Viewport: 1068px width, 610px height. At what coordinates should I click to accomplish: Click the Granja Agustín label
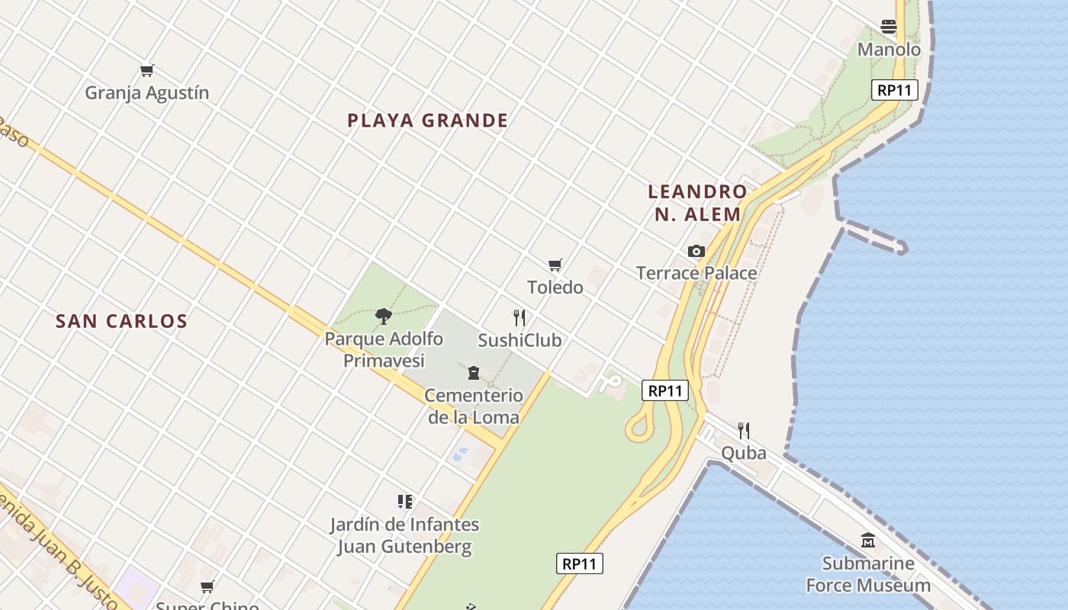pyautogui.click(x=146, y=93)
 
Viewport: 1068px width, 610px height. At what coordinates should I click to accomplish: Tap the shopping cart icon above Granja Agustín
pyautogui.click(x=147, y=71)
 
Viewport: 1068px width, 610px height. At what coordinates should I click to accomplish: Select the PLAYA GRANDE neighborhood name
pyautogui.click(x=427, y=120)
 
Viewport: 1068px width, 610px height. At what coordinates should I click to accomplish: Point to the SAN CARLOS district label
pyautogui.click(x=121, y=321)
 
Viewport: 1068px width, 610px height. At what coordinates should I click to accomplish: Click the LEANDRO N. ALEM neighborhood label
pyautogui.click(x=697, y=203)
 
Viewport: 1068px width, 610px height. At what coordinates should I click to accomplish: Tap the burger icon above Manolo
pyautogui.click(x=889, y=27)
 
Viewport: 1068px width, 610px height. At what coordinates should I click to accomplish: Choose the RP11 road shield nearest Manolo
pyautogui.click(x=894, y=90)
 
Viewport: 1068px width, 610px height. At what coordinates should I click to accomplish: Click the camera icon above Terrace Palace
pyautogui.click(x=696, y=251)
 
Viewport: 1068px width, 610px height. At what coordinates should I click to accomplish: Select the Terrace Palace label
pyautogui.click(x=696, y=273)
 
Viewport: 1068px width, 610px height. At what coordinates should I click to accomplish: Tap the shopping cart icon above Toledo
pyautogui.click(x=555, y=265)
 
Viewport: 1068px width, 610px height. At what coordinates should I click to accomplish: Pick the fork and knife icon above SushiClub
pyautogui.click(x=520, y=318)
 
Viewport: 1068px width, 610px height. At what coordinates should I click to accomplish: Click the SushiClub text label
pyautogui.click(x=520, y=340)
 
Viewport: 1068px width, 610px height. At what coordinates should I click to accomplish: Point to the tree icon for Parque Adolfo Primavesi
pyautogui.click(x=384, y=316)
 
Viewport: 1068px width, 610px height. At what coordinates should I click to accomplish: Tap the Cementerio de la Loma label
pyautogui.click(x=473, y=406)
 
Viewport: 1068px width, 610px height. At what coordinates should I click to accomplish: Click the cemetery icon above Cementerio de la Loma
pyautogui.click(x=474, y=373)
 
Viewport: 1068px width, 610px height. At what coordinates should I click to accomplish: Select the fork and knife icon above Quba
pyautogui.click(x=744, y=431)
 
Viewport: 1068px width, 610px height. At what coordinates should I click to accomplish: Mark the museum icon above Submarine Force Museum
pyautogui.click(x=868, y=541)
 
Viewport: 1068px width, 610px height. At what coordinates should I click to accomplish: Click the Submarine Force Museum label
pyautogui.click(x=868, y=574)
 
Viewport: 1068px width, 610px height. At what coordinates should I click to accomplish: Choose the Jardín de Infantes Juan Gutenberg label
pyautogui.click(x=404, y=535)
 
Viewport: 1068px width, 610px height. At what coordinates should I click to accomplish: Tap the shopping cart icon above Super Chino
pyautogui.click(x=207, y=587)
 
